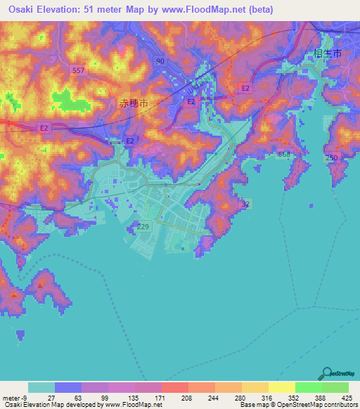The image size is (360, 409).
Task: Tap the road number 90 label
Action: click(x=161, y=62)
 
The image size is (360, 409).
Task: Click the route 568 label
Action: click(x=284, y=153)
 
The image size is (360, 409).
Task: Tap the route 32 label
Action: click(x=245, y=204)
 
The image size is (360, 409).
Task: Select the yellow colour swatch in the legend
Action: click(x=281, y=387)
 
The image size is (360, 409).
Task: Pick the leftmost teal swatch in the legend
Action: click(x=41, y=387)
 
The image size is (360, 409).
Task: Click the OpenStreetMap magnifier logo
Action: click(x=326, y=373)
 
